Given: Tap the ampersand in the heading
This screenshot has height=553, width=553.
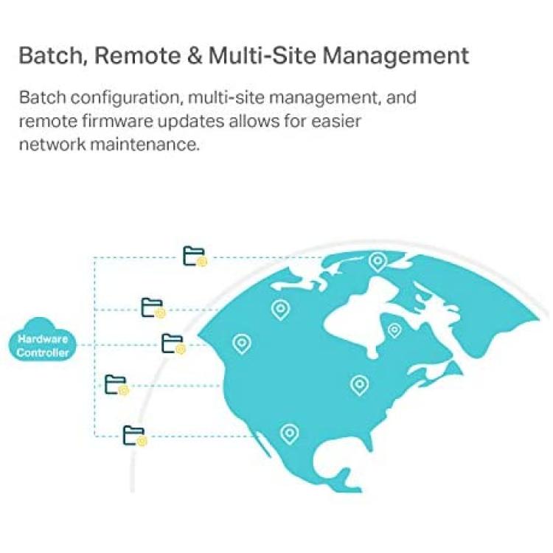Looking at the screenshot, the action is click(x=195, y=56).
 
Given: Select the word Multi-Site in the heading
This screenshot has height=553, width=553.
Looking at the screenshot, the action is click(x=262, y=56).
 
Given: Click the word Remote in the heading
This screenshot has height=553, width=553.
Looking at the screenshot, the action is click(x=137, y=56).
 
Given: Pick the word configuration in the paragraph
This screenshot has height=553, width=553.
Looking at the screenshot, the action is click(x=126, y=98).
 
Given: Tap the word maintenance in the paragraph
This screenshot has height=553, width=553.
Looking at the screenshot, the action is click(x=145, y=145).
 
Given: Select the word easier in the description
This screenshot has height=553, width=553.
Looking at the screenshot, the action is click(x=336, y=122).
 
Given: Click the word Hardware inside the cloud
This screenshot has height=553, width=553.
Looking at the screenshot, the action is click(x=43, y=339).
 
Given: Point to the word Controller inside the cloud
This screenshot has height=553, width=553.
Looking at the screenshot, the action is click(x=42, y=352).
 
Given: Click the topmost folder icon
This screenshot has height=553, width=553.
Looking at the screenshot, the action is click(x=195, y=257).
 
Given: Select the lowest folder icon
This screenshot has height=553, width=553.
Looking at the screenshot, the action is click(x=134, y=436).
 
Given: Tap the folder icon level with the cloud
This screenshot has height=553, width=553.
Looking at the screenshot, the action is click(x=173, y=344).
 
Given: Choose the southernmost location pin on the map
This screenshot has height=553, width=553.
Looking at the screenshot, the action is click(x=289, y=434).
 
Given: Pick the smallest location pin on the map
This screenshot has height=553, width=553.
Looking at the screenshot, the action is click(x=394, y=331).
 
